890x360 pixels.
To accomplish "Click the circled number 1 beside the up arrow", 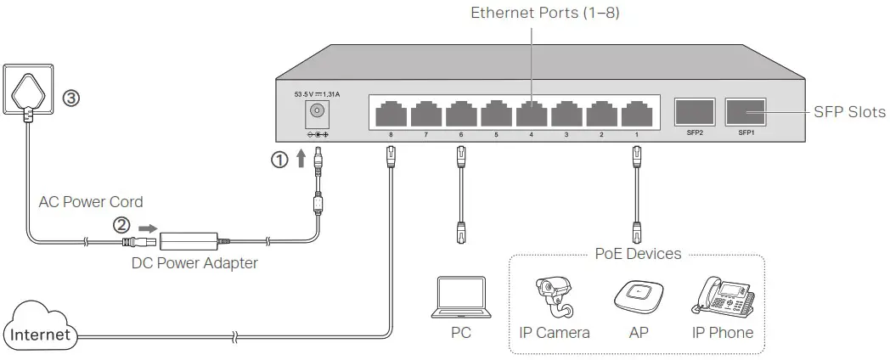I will pos(279,159).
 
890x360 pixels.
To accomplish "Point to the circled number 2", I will pos(122,225).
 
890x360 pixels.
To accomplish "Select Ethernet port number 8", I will pos(390,114).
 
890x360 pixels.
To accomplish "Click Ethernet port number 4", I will pos(530,114).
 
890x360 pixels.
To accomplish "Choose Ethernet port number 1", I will pos(635,114).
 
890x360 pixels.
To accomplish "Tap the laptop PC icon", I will pos(460,296).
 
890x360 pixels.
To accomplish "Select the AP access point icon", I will pos(638,297).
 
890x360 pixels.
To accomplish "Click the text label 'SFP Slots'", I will pos(849,112).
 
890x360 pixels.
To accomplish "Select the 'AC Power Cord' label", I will pos(91,202).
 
